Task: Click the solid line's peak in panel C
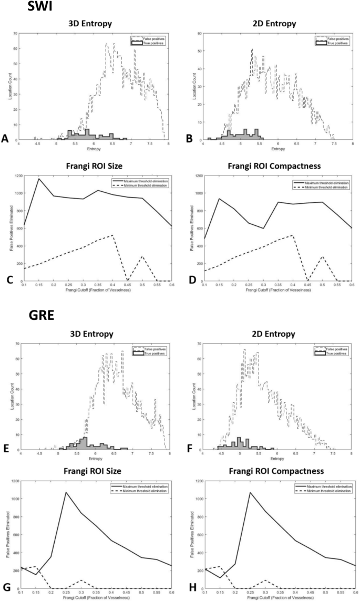(x=38, y=179)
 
